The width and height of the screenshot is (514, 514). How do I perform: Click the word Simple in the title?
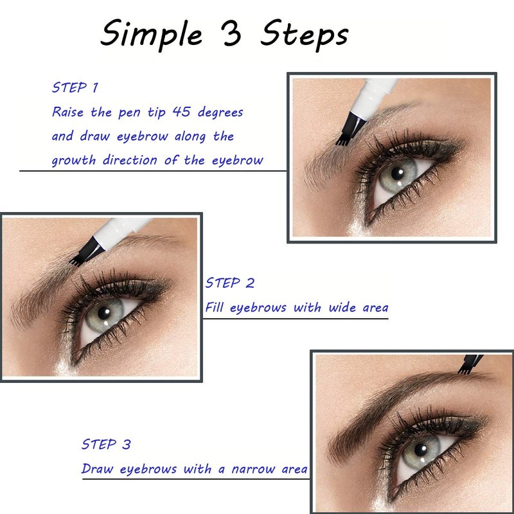pos(151,35)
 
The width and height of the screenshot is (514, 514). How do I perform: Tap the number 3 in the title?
pos(231,33)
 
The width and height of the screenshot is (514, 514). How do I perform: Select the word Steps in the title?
pos(304,35)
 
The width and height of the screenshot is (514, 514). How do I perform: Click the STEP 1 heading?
pos(75,87)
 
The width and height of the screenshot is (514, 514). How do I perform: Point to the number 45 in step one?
pos(181,112)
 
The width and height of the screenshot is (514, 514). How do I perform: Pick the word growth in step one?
pos(74,161)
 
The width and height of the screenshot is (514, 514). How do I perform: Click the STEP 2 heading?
pos(230,283)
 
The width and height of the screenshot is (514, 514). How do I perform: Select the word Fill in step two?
pos(215,307)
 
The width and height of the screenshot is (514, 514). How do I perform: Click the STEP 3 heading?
pos(106,444)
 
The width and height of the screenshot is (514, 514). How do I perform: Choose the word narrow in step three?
pos(253,469)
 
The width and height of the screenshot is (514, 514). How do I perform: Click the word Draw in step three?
pos(98,469)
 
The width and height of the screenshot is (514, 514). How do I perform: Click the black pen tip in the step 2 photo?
pos(87,252)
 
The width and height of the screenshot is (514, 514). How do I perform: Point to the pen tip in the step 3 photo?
pos(470,364)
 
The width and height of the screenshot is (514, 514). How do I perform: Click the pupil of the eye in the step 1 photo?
pos(398,173)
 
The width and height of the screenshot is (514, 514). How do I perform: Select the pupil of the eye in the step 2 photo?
pos(104,313)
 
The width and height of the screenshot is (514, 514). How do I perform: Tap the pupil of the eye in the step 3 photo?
pos(421,450)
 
